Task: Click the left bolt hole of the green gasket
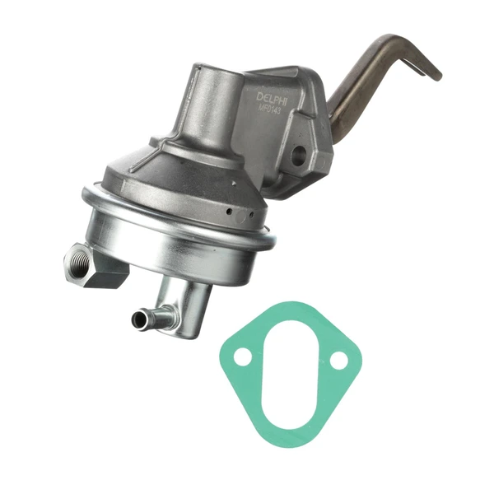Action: tap(242, 357)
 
